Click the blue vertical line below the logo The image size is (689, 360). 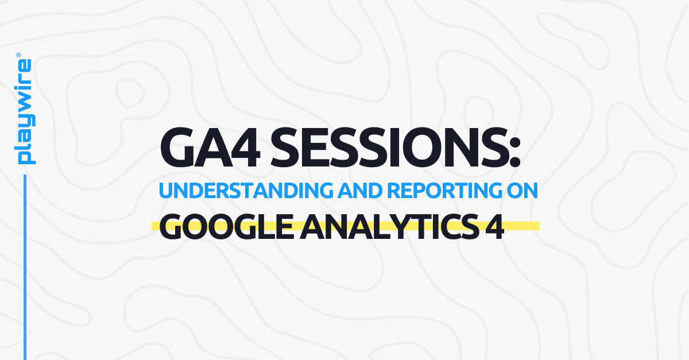[25, 264]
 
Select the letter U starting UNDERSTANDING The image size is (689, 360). [166, 191]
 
